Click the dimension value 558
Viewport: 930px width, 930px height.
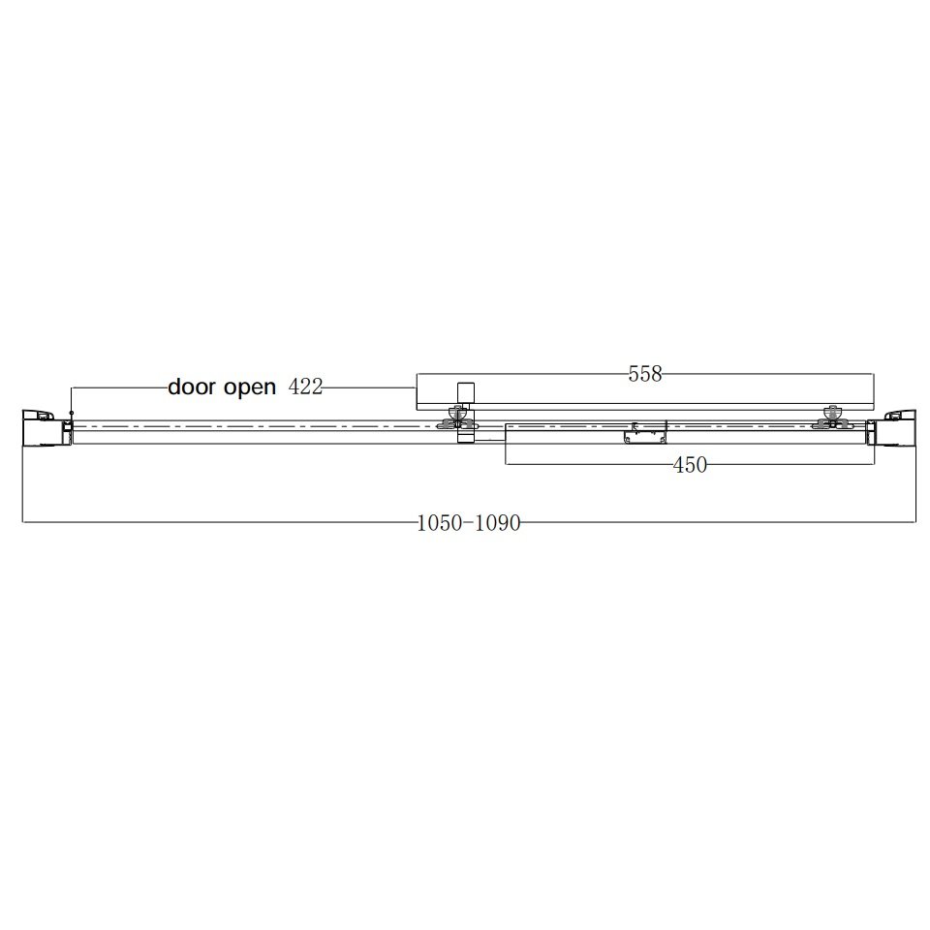pyautogui.click(x=645, y=374)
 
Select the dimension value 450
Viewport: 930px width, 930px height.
pyautogui.click(x=690, y=466)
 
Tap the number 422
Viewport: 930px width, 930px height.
pyautogui.click(x=305, y=387)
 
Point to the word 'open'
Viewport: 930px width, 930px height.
pyautogui.click(x=250, y=388)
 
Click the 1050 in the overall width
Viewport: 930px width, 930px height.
pyautogui.click(x=438, y=523)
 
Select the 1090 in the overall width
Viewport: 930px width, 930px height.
pyautogui.click(x=498, y=523)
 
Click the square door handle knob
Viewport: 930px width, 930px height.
pyautogui.click(x=466, y=392)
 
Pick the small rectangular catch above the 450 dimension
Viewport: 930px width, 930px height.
pyautogui.click(x=647, y=433)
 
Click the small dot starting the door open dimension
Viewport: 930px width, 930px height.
pyautogui.click(x=72, y=414)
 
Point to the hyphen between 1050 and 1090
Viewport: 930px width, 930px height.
pyautogui.click(x=468, y=524)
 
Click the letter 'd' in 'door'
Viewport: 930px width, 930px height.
pyautogui.click(x=175, y=387)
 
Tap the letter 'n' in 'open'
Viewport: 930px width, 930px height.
pyautogui.click(x=269, y=389)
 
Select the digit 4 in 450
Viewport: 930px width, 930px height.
pyautogui.click(x=678, y=466)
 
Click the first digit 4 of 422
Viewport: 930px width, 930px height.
pyautogui.click(x=294, y=387)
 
